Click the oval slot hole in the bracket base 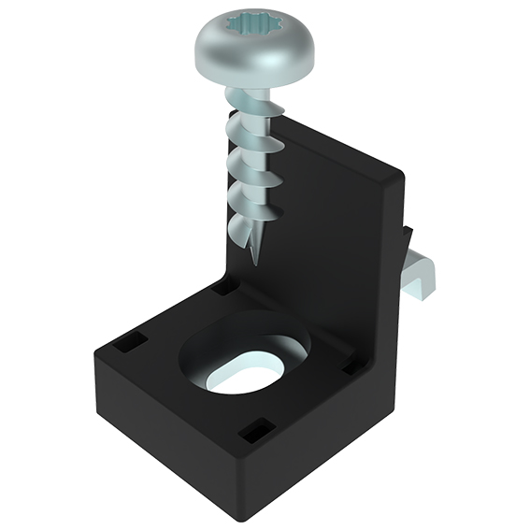[244, 371]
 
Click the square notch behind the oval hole [225, 288]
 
